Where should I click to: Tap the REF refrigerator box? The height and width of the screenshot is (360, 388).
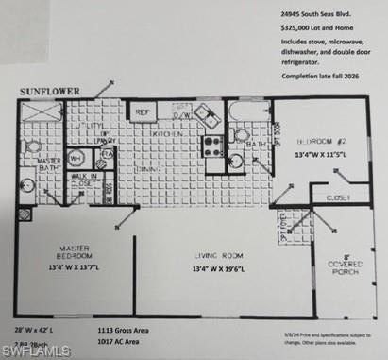(x=143, y=111)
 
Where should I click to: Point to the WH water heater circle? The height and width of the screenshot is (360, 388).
(x=75, y=158)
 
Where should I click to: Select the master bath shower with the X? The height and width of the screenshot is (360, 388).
(x=39, y=114)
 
